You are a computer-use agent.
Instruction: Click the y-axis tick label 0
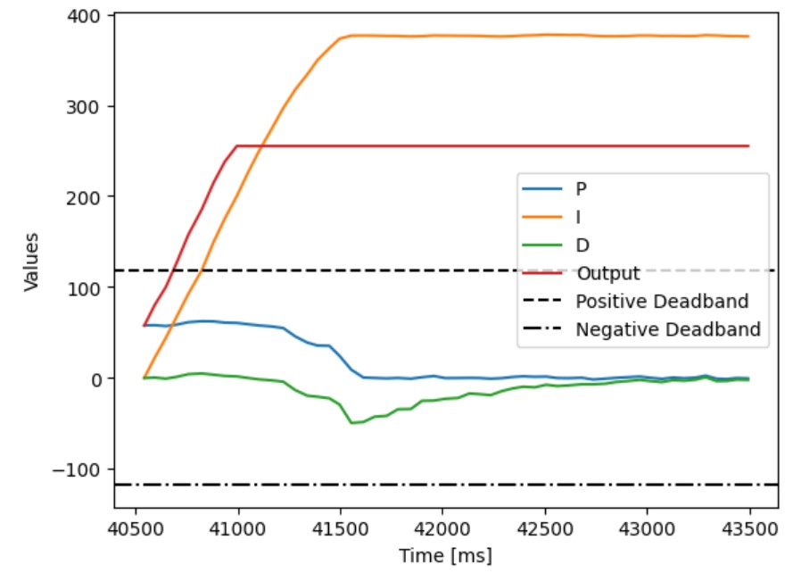pos(100,378)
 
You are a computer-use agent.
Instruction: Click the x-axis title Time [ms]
pos(445,555)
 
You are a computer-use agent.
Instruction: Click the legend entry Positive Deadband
pos(662,301)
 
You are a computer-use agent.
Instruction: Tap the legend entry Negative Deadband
pos(668,329)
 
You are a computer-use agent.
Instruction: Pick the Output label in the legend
pos(607,273)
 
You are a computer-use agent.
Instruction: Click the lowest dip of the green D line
pos(352,422)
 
